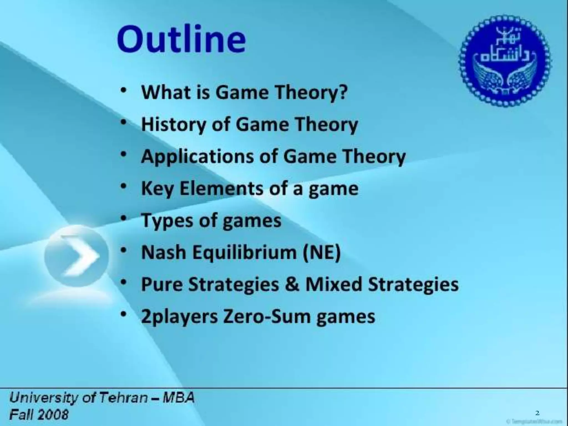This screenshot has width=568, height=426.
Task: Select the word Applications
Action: click(x=197, y=156)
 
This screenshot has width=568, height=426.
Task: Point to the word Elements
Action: click(x=221, y=188)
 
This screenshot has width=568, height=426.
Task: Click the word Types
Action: click(x=163, y=220)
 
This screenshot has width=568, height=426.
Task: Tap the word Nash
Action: click(x=163, y=252)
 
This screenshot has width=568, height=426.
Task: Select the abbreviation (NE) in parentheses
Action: click(x=322, y=252)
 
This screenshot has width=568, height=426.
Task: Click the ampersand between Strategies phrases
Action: click(x=292, y=284)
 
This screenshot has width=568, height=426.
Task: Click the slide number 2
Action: click(x=537, y=413)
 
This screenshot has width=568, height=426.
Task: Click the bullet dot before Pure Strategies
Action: click(x=124, y=283)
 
